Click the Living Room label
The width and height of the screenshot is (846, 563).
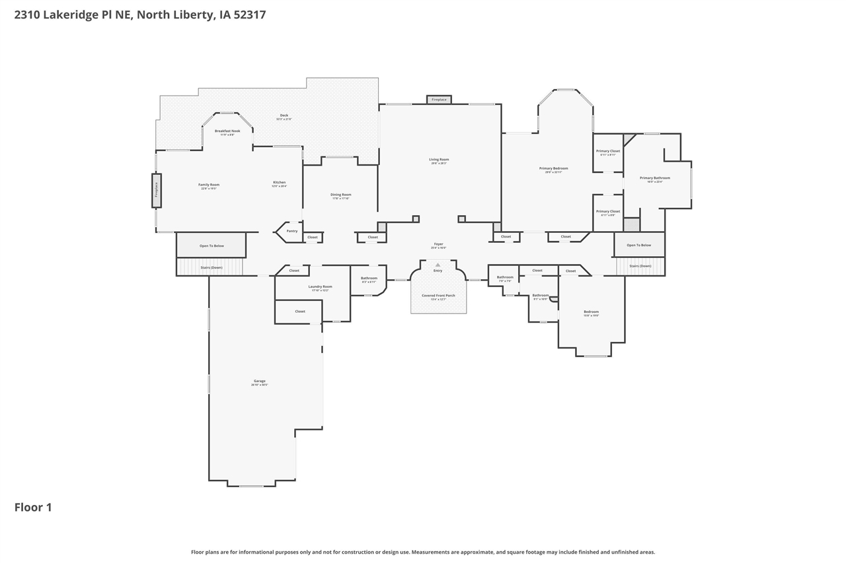tap(439, 160)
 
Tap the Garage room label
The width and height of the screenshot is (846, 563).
tap(259, 381)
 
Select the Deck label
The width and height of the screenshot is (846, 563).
tap(284, 116)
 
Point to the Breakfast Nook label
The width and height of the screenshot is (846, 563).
tap(227, 131)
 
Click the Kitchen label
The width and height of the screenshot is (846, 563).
tap(280, 182)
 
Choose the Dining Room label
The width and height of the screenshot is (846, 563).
tap(341, 195)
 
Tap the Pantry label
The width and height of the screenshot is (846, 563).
tap(292, 231)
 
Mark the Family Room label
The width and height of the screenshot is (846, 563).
tap(209, 185)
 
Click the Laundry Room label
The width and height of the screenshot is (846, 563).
tap(320, 286)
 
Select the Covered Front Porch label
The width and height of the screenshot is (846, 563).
tap(438, 296)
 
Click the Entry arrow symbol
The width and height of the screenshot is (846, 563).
tap(438, 265)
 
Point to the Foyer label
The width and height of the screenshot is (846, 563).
tap(438, 244)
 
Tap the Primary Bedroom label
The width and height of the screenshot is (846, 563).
tap(553, 168)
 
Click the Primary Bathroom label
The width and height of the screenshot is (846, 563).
tap(654, 178)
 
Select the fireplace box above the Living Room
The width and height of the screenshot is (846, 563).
tap(439, 100)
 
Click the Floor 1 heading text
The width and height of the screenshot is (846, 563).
tap(33, 508)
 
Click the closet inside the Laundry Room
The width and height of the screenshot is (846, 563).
tap(299, 312)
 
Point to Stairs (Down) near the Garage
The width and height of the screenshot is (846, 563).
tap(211, 267)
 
